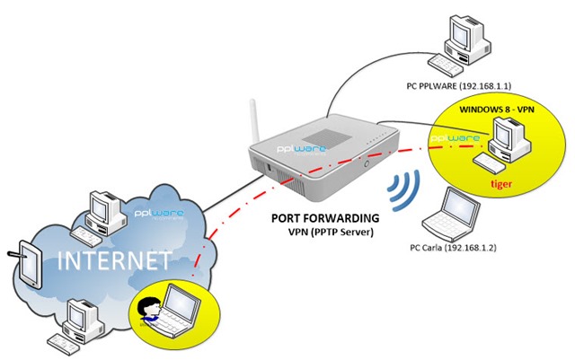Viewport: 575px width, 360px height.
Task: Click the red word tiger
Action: [501, 182]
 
